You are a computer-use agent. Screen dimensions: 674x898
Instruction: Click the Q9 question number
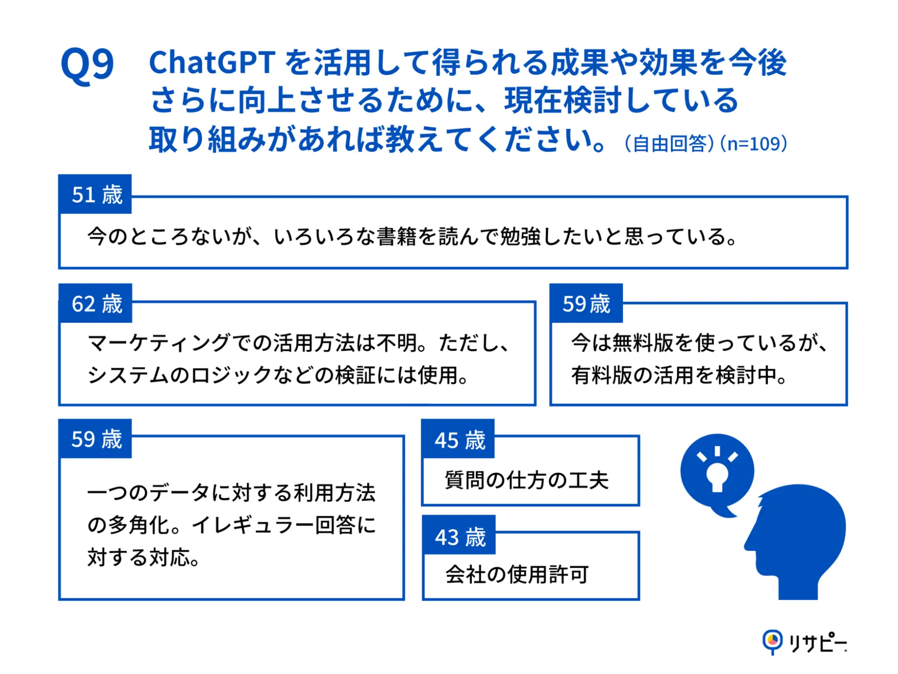point(87,65)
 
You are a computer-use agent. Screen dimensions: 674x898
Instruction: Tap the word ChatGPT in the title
point(212,63)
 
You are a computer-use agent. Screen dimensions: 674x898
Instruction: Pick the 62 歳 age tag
point(96,304)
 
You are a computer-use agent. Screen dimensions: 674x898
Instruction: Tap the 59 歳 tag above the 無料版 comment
point(586,304)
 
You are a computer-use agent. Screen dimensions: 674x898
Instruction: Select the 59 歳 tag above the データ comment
point(96,439)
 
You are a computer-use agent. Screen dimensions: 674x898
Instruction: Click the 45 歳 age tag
point(459,440)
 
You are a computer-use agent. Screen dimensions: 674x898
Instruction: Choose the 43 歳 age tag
point(459,537)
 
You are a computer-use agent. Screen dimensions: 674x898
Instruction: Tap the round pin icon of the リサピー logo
point(772,640)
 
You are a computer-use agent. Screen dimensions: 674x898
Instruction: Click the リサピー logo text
point(817,642)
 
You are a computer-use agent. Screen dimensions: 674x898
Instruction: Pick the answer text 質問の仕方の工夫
point(527,480)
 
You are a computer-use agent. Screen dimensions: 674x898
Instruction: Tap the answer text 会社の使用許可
point(517,574)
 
